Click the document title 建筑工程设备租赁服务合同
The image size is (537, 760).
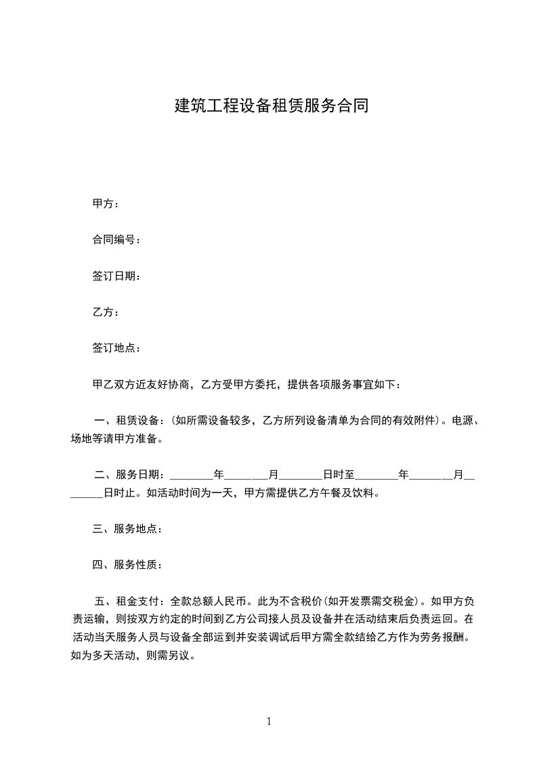pos(272,106)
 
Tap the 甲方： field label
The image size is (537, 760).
pos(106,204)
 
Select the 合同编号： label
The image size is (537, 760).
pos(116,240)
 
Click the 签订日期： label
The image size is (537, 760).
pos(116,276)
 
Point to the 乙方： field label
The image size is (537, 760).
pos(106,312)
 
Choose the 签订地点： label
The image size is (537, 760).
pos(116,348)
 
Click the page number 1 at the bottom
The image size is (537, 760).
pos(269,721)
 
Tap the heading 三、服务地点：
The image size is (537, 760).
pos(127,529)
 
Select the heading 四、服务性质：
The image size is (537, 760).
pos(127,565)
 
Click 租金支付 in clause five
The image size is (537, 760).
pos(138,601)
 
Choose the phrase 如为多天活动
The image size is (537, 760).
pos(98,656)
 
